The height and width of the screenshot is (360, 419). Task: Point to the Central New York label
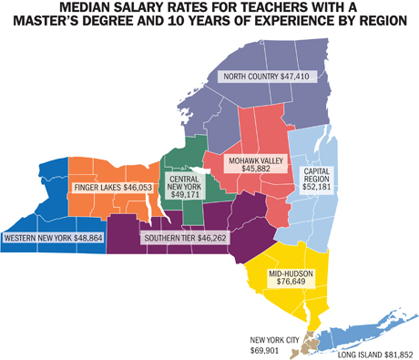click(185, 187)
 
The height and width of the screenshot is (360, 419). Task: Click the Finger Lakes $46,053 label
click(109, 187)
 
